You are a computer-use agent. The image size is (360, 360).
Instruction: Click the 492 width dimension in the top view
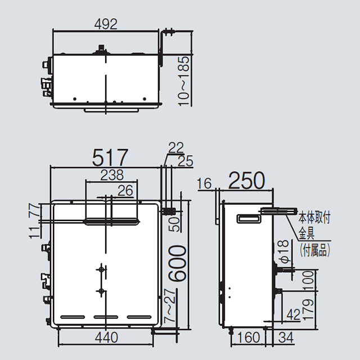pyautogui.click(x=106, y=24)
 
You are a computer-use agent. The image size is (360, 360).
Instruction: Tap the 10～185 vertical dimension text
pyautogui.click(x=184, y=81)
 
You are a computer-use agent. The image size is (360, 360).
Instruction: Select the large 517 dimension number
pyautogui.click(x=110, y=157)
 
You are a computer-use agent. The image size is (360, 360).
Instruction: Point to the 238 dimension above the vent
pyautogui.click(x=112, y=175)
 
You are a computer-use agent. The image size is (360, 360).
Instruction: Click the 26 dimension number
pyautogui.click(x=125, y=191)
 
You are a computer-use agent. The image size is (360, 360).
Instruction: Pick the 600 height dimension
pyautogui.click(x=177, y=263)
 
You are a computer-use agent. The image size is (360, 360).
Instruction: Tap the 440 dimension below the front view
pyautogui.click(x=106, y=337)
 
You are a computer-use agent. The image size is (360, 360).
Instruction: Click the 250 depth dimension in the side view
pyautogui.click(x=247, y=181)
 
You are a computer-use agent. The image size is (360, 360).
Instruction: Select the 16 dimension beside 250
pyautogui.click(x=204, y=183)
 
